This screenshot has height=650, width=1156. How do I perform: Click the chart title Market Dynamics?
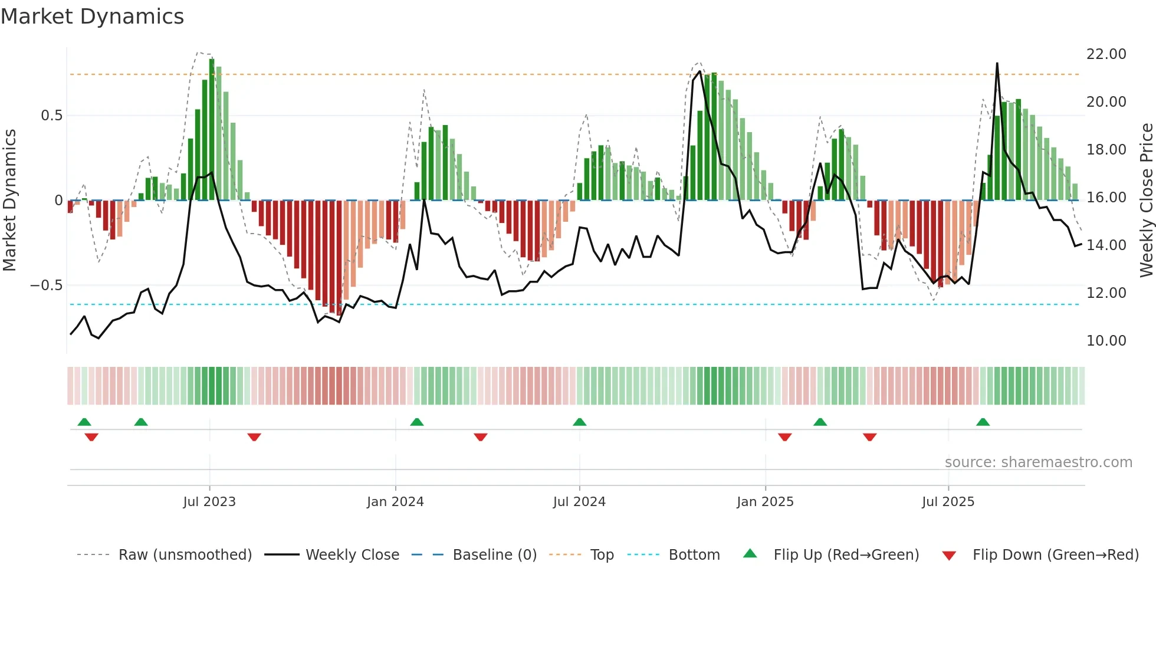pyautogui.click(x=92, y=17)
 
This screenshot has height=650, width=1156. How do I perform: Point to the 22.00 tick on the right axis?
pyautogui.click(x=1106, y=54)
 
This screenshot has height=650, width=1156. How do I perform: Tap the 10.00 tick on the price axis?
pyautogui.click(x=1106, y=341)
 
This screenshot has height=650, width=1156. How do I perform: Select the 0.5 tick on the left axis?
pyautogui.click(x=51, y=116)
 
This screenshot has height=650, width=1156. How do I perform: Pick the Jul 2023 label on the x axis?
pyautogui.click(x=209, y=502)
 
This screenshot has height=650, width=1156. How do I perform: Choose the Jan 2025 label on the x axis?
pyautogui.click(x=765, y=502)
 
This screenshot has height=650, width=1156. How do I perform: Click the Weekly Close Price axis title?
pyautogui.click(x=1146, y=201)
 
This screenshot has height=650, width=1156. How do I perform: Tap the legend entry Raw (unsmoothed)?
pyautogui.click(x=185, y=555)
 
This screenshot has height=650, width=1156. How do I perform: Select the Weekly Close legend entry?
pyautogui.click(x=352, y=555)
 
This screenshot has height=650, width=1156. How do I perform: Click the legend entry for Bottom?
pyautogui.click(x=694, y=555)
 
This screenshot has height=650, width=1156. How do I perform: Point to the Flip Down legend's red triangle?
pyautogui.click(x=949, y=556)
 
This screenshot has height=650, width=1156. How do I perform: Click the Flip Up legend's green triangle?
pyautogui.click(x=750, y=553)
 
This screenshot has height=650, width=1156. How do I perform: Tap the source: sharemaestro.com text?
pyautogui.click(x=1038, y=462)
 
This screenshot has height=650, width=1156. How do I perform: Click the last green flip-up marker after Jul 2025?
pyautogui.click(x=983, y=422)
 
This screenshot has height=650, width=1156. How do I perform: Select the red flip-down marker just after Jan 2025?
pyautogui.click(x=784, y=437)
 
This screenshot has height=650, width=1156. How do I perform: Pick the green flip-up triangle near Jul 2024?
pyautogui.click(x=579, y=422)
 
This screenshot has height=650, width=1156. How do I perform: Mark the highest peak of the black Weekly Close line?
pyautogui.click(x=997, y=64)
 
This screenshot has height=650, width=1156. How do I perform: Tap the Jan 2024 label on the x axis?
pyautogui.click(x=395, y=502)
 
